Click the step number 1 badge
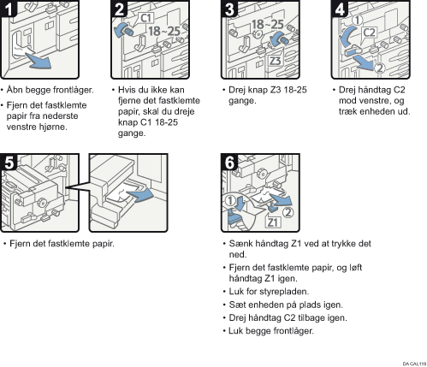[x=9, y=9]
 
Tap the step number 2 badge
[x=120, y=9]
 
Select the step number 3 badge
[x=229, y=9]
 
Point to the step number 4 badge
[x=340, y=9]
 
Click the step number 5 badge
[x=9, y=163]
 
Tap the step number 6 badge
[x=229, y=163]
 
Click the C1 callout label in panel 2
[x=146, y=18]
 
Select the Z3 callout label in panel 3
[x=276, y=61]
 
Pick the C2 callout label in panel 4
[x=369, y=33]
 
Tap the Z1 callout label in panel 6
[x=273, y=222]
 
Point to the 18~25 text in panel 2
[x=164, y=31]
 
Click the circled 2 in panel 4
[x=379, y=68]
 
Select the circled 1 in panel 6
[x=230, y=200]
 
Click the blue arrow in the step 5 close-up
[x=139, y=195]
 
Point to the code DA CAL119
[x=414, y=364]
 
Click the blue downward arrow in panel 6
[x=239, y=203]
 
